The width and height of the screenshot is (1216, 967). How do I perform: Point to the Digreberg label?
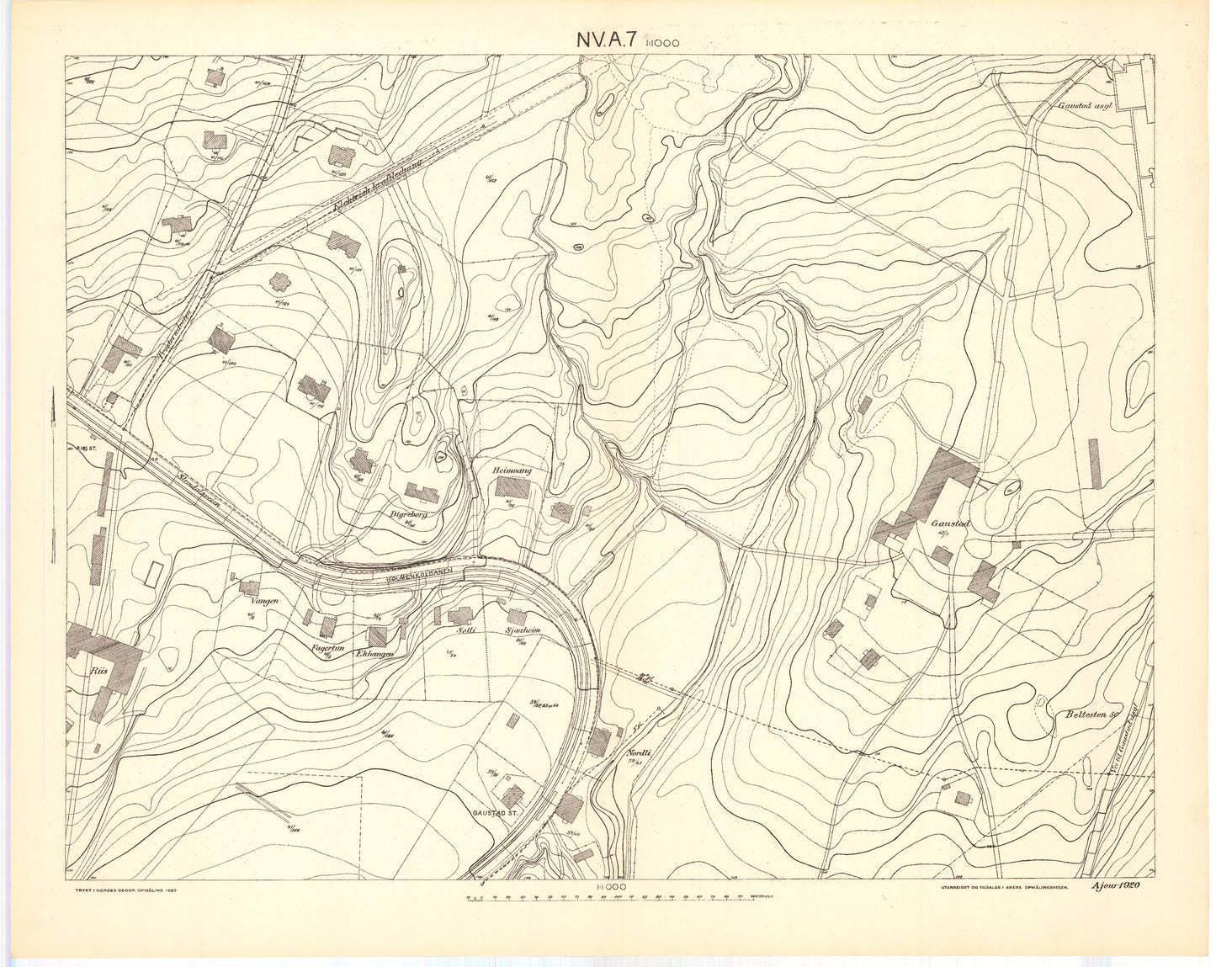coord(410,511)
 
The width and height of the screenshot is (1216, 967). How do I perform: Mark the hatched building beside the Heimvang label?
coord(511,487)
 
